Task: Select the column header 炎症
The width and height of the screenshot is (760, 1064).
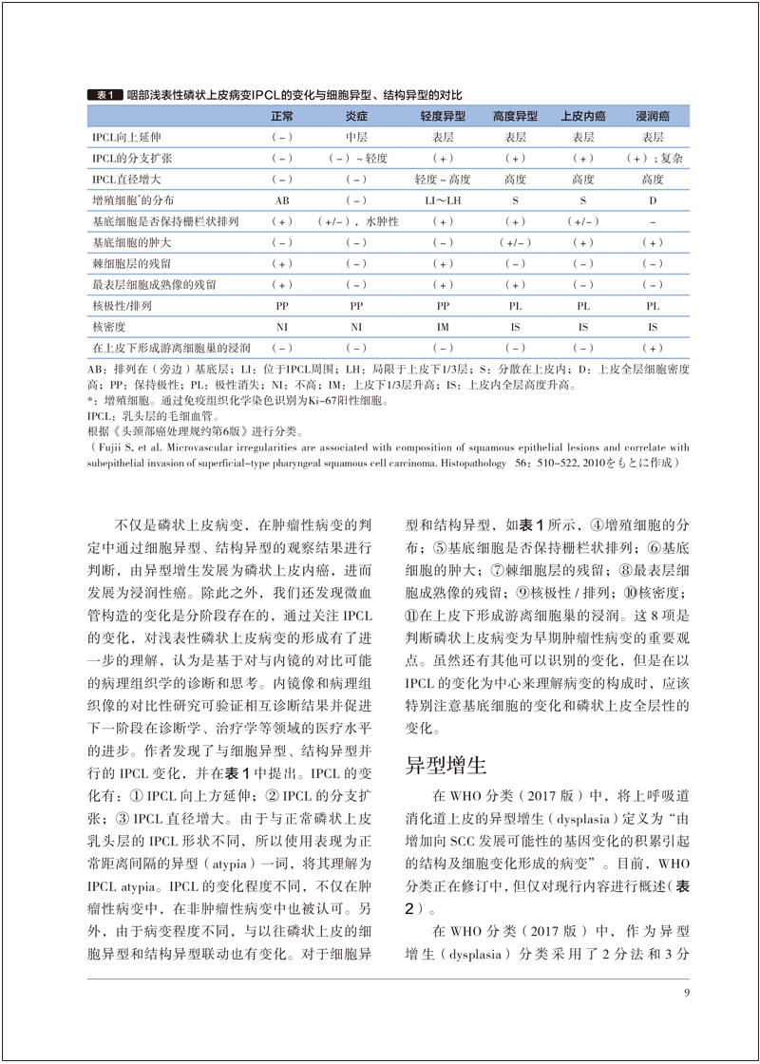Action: tap(357, 116)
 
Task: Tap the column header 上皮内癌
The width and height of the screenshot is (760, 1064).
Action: tap(582, 116)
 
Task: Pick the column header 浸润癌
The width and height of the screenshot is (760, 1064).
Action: tap(653, 116)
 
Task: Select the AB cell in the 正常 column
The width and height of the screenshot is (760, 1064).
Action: tap(282, 200)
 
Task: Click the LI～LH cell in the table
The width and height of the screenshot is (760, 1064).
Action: tap(443, 200)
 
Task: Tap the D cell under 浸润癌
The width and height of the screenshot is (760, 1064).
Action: tap(653, 200)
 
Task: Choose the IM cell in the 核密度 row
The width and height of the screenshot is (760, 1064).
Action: tap(443, 326)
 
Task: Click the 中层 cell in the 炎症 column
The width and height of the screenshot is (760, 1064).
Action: tap(357, 137)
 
